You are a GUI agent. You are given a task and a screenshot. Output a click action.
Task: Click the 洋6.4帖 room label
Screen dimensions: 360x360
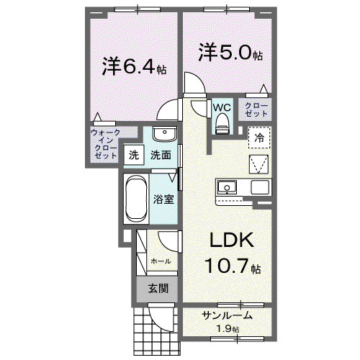pyautogui.click(x=134, y=66)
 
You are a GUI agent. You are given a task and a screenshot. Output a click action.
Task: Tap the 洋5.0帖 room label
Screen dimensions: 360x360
pyautogui.click(x=230, y=52)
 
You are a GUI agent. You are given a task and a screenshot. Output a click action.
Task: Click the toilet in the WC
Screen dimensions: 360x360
pyautogui.click(x=222, y=123)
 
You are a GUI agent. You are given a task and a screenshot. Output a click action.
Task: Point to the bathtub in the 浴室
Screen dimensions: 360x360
pyautogui.click(x=136, y=199)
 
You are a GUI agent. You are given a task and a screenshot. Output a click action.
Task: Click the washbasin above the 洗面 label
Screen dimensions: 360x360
pyautogui.click(x=165, y=135)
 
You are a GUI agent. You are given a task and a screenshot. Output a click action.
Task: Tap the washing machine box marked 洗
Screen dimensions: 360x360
pyautogui.click(x=134, y=155)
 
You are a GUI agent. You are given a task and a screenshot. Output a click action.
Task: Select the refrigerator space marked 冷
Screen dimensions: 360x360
pyautogui.click(x=259, y=138)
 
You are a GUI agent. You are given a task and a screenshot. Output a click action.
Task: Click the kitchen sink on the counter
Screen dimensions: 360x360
pyautogui.click(x=227, y=187)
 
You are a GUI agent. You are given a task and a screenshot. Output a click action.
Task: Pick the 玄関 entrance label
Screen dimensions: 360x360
pyautogui.click(x=158, y=289)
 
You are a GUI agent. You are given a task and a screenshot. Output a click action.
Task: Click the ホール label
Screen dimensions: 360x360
pyautogui.click(x=161, y=261)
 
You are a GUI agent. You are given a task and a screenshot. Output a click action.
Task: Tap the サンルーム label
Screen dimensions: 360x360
pyautogui.click(x=228, y=315)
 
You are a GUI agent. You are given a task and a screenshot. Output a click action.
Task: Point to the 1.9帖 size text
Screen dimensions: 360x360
pyautogui.click(x=228, y=328)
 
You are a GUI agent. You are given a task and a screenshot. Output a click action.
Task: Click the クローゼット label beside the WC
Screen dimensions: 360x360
pyautogui.click(x=256, y=110)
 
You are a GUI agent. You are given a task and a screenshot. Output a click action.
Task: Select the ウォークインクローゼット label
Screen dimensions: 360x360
pyautogui.click(x=106, y=144)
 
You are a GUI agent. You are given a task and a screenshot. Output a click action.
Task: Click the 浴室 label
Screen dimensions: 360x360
pyautogui.click(x=163, y=199)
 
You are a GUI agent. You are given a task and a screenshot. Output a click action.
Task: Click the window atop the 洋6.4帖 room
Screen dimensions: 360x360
pyautogui.click(x=138, y=9)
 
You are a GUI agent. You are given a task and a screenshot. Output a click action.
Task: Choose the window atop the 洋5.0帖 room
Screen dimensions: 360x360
pyautogui.click(x=227, y=9)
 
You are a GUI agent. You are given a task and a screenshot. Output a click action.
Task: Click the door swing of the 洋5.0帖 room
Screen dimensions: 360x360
pyautogui.click(x=194, y=83)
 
